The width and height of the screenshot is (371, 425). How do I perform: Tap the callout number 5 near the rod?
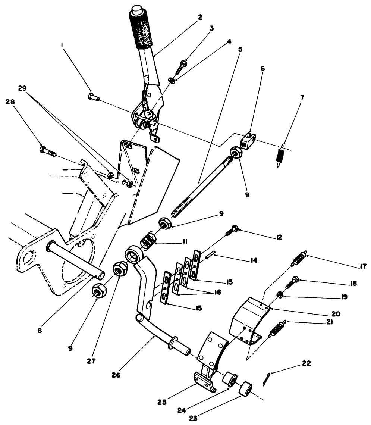240,49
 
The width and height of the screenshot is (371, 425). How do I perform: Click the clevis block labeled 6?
248,140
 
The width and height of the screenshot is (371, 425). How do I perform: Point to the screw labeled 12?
232,230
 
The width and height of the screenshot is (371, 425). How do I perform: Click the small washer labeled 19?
280,296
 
